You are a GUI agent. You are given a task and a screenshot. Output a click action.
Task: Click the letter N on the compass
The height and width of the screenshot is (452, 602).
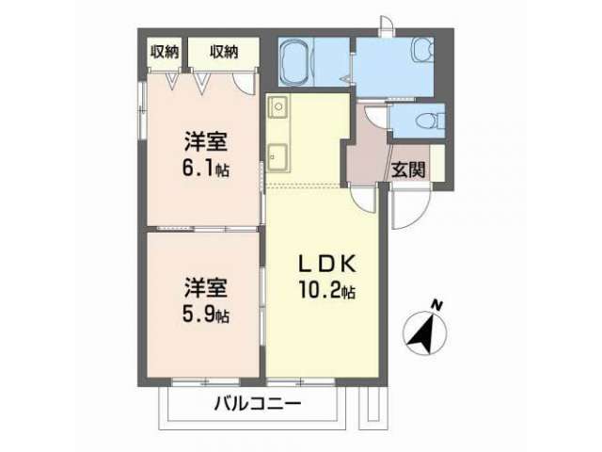pos(436,305)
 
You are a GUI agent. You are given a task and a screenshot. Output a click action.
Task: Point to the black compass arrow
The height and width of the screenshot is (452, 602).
pos(423,332)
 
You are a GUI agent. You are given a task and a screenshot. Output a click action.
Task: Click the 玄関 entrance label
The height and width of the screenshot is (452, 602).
pos(408,169)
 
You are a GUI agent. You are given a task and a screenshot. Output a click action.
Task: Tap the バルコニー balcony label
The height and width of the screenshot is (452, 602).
pos(257,404)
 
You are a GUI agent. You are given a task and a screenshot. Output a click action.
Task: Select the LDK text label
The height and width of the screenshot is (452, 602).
pos(327,264)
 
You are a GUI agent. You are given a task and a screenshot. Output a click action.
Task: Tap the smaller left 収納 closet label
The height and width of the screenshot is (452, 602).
pos(164,52)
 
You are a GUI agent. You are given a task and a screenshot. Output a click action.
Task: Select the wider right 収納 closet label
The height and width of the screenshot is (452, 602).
pos(224,52)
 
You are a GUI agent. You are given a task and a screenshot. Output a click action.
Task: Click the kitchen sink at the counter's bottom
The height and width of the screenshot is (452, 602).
pos(277,156)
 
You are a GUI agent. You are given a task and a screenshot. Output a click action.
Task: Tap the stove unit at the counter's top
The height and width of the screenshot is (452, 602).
pos(277,106)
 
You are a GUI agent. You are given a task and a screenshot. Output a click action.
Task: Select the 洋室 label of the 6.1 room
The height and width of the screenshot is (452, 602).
pos(206,141)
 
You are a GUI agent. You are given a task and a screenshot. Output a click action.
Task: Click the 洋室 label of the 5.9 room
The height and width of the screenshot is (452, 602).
pos(206,287)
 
